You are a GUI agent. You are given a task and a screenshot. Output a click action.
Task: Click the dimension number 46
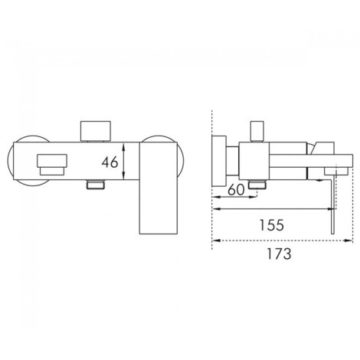pyautogui.click(x=110, y=162)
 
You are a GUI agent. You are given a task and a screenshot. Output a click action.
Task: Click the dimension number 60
pyautogui.click(x=236, y=190)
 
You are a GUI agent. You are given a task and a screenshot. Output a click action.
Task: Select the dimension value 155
pyautogui.click(x=272, y=225)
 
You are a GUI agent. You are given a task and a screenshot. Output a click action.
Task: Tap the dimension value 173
pyautogui.click(x=279, y=254)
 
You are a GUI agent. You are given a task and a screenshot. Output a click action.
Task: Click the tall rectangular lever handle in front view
pyautogui.click(x=159, y=188)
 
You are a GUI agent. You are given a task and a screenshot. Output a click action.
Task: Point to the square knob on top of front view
pyautogui.click(x=96, y=130)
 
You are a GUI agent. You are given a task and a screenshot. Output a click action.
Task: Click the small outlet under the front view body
pyautogui.click(x=96, y=185)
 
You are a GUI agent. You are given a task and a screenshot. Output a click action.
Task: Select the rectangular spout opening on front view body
pyautogui.click(x=52, y=165)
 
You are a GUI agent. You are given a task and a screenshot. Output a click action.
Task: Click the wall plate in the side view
pyautogui.click(x=219, y=161)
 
